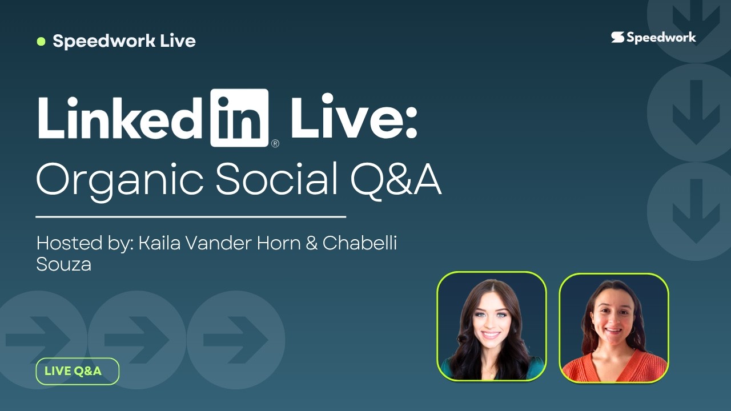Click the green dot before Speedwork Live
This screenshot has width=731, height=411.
(x=41, y=41)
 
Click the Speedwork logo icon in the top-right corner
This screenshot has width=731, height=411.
(x=617, y=38)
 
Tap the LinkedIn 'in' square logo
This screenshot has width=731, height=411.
(x=239, y=117)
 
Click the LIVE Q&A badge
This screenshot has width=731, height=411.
(x=77, y=371)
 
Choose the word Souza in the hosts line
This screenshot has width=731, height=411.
(x=63, y=264)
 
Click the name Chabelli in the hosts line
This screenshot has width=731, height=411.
(x=360, y=243)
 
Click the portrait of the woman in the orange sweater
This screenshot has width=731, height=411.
(x=613, y=327)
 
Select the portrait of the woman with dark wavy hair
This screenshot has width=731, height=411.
(x=491, y=327)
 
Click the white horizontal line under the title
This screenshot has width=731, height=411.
(x=191, y=217)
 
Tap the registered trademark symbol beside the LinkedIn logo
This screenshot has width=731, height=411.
(x=275, y=144)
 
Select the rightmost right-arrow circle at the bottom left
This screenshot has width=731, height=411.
(x=235, y=340)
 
